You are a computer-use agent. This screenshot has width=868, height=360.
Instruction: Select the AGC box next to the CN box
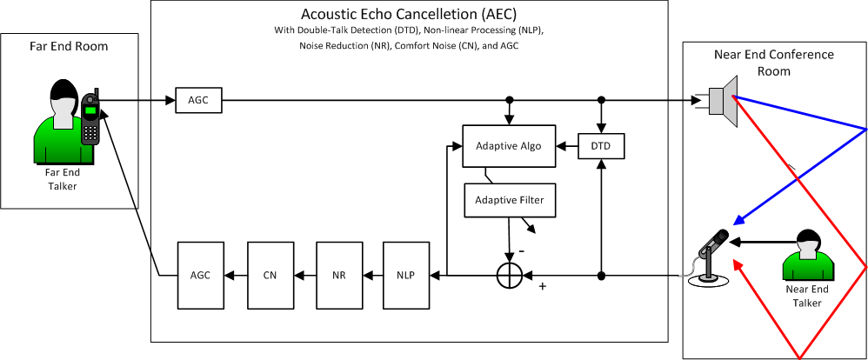[x=200, y=276]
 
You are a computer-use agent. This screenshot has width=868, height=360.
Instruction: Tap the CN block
[x=270, y=276]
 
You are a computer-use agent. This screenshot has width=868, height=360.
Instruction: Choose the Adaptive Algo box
[x=508, y=146]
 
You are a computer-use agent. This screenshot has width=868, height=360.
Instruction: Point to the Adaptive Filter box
[x=508, y=201]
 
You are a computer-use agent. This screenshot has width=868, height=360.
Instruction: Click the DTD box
[x=601, y=147]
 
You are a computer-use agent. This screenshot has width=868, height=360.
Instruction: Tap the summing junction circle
[x=508, y=276]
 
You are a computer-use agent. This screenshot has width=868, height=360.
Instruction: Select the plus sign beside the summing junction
[x=542, y=286]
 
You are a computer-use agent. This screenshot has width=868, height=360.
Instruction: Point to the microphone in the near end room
[x=713, y=252]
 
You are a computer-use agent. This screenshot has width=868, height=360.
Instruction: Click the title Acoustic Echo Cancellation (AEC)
[x=408, y=15]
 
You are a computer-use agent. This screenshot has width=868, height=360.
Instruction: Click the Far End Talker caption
[x=61, y=178]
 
